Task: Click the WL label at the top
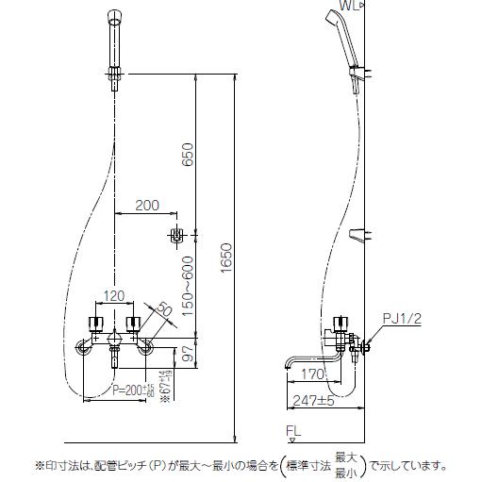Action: (350, 7)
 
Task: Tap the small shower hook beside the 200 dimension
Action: (175, 234)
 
